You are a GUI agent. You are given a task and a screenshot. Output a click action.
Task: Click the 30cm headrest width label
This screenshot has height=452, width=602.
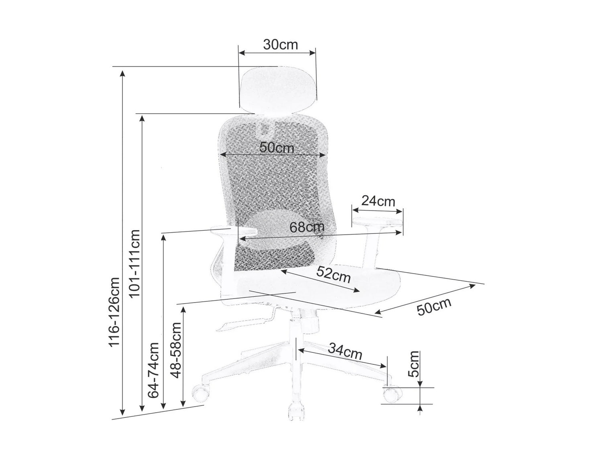point(280,45)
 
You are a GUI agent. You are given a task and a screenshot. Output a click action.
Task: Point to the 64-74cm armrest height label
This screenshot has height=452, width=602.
point(153,370)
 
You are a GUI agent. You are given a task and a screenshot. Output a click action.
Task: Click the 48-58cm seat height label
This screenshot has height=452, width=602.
point(176,350)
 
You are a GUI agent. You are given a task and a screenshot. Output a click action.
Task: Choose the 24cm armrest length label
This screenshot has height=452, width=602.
point(378,201)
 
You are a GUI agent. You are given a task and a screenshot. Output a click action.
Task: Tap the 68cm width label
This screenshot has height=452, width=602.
point(307,227)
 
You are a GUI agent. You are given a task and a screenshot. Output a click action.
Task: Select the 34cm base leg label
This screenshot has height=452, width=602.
point(345,352)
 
